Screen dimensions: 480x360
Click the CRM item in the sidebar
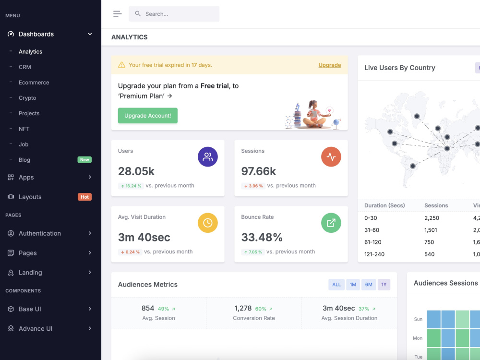(x=25, y=67)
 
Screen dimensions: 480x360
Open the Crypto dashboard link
(x=27, y=98)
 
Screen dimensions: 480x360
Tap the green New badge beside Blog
(x=84, y=160)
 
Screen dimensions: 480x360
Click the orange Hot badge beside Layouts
(x=84, y=197)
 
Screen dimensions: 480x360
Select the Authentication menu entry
(x=40, y=233)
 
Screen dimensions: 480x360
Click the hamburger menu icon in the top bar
(x=117, y=14)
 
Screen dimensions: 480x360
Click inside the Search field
(x=174, y=14)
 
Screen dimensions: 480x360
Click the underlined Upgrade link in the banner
(x=330, y=65)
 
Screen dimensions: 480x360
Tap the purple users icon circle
(x=207, y=157)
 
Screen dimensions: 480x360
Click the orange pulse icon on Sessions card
(x=331, y=157)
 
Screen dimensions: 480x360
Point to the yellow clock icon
(x=207, y=223)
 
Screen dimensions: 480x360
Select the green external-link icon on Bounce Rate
(x=331, y=223)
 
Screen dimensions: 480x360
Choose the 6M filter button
(x=369, y=285)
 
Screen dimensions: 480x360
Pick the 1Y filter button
(x=384, y=285)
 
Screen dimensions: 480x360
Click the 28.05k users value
(x=136, y=171)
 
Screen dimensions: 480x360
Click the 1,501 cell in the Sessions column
(x=431, y=230)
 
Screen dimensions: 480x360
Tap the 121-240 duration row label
(x=374, y=254)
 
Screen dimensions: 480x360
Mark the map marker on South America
(x=413, y=166)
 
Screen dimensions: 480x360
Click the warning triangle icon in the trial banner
(x=121, y=65)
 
